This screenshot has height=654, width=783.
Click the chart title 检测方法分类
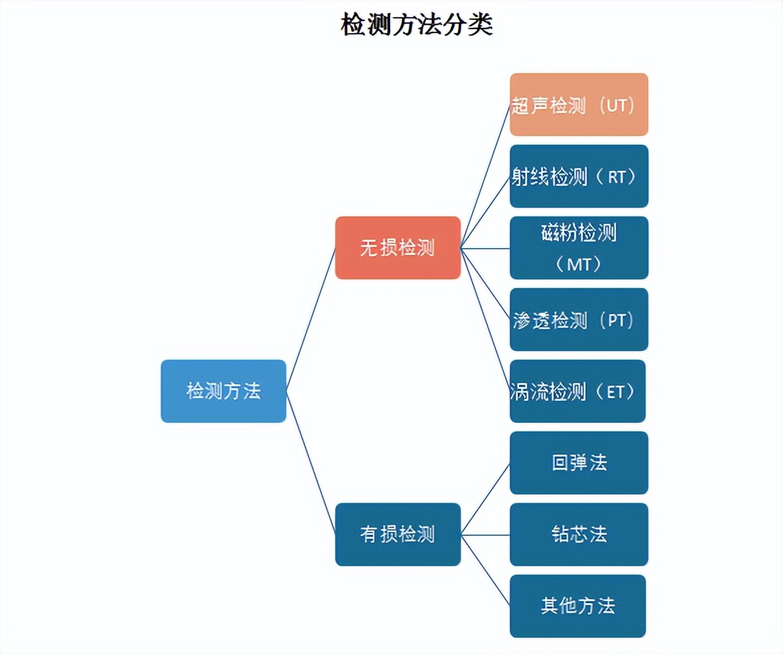point(417,25)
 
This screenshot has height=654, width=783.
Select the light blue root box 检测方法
point(224,391)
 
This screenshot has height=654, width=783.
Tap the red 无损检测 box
point(397,247)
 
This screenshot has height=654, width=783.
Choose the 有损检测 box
point(397,534)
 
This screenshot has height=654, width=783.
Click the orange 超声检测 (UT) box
point(579,105)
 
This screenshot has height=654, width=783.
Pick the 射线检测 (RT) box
point(579,176)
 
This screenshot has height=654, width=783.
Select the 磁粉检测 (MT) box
point(579,248)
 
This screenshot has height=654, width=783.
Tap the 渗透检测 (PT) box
point(579,320)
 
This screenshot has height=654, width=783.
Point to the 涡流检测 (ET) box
point(577,391)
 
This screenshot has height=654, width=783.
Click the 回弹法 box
point(579,463)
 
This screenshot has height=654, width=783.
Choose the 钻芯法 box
point(579,535)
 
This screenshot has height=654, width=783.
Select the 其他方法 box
point(577,606)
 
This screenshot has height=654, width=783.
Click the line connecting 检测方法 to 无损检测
point(311,319)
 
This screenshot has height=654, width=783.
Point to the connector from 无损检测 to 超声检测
point(485,176)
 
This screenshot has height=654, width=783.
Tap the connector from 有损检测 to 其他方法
point(485,570)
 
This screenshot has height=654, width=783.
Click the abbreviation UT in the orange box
point(616,105)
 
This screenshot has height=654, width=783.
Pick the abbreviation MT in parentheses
point(578,265)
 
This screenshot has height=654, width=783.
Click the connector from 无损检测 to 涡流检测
point(485,320)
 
